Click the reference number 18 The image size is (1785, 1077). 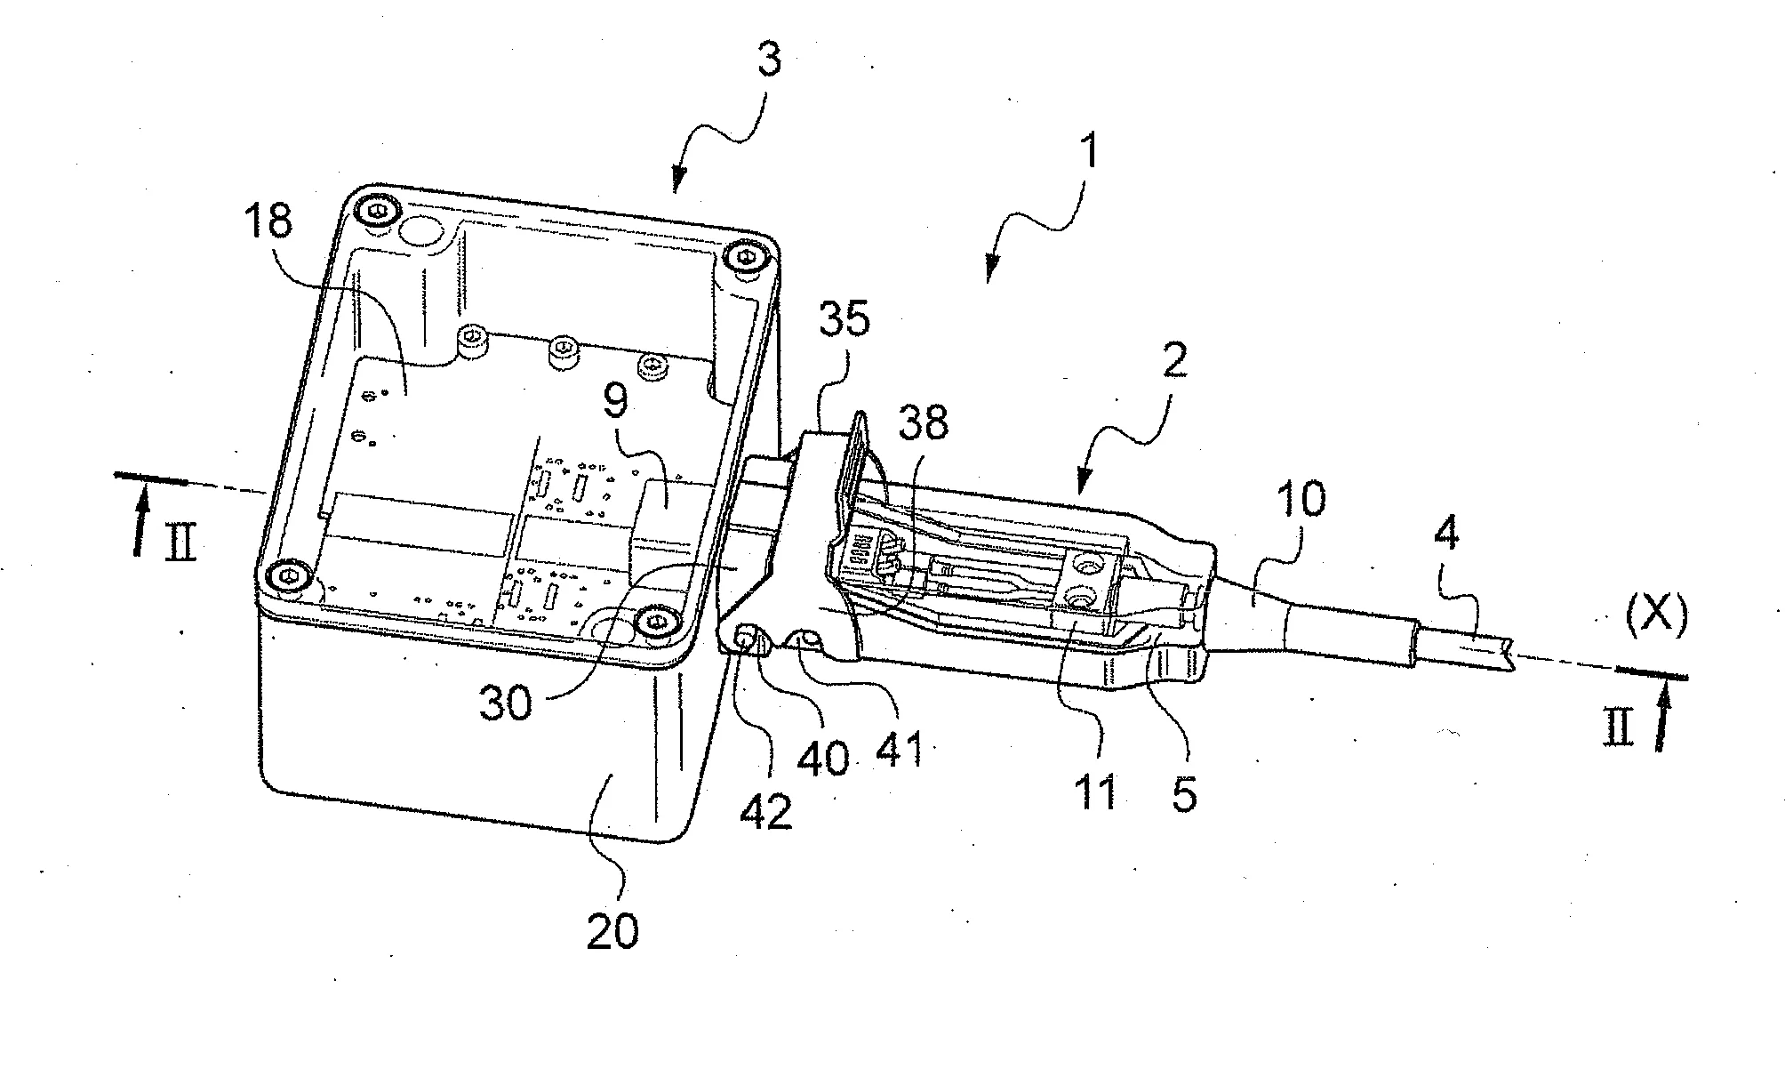pos(269,220)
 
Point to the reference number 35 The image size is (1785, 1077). pos(844,319)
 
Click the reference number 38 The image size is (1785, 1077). pos(924,424)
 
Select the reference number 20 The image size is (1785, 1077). pos(612,930)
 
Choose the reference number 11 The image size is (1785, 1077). pos(1095,790)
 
